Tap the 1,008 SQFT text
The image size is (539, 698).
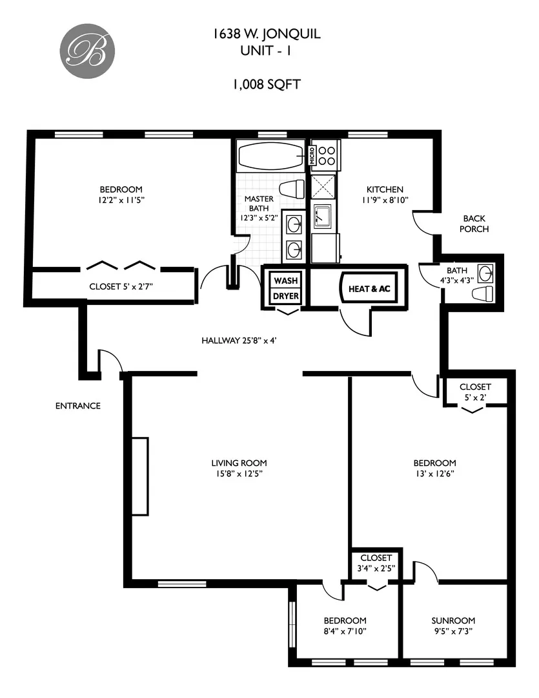coord(266,84)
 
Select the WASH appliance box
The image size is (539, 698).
coord(286,281)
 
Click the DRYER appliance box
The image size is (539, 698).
coord(286,296)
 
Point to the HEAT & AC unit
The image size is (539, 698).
coord(369,289)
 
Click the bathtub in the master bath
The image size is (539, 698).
coord(271,156)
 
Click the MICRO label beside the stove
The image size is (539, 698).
coord(312,155)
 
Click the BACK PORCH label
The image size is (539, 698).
coord(474,224)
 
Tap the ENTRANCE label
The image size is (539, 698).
coord(77,406)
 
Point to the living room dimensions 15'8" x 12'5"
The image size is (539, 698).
coord(239,474)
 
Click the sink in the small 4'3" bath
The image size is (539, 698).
coord(485,272)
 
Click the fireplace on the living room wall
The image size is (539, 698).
coord(140,476)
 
